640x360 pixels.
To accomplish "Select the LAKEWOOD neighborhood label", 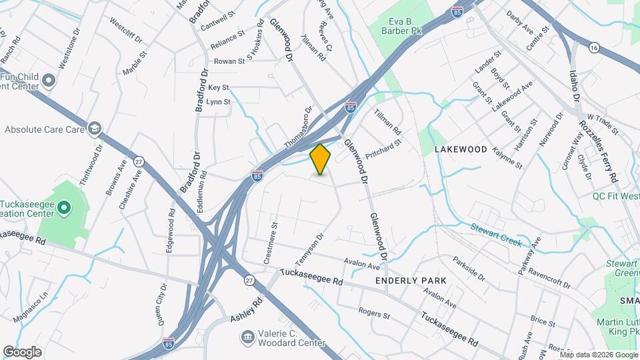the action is [x=461, y=150].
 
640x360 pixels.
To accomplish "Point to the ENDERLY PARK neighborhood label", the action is [x=411, y=281].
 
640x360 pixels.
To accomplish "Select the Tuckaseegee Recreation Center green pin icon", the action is [x=63, y=209].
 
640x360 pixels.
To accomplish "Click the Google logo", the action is [x=22, y=351].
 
